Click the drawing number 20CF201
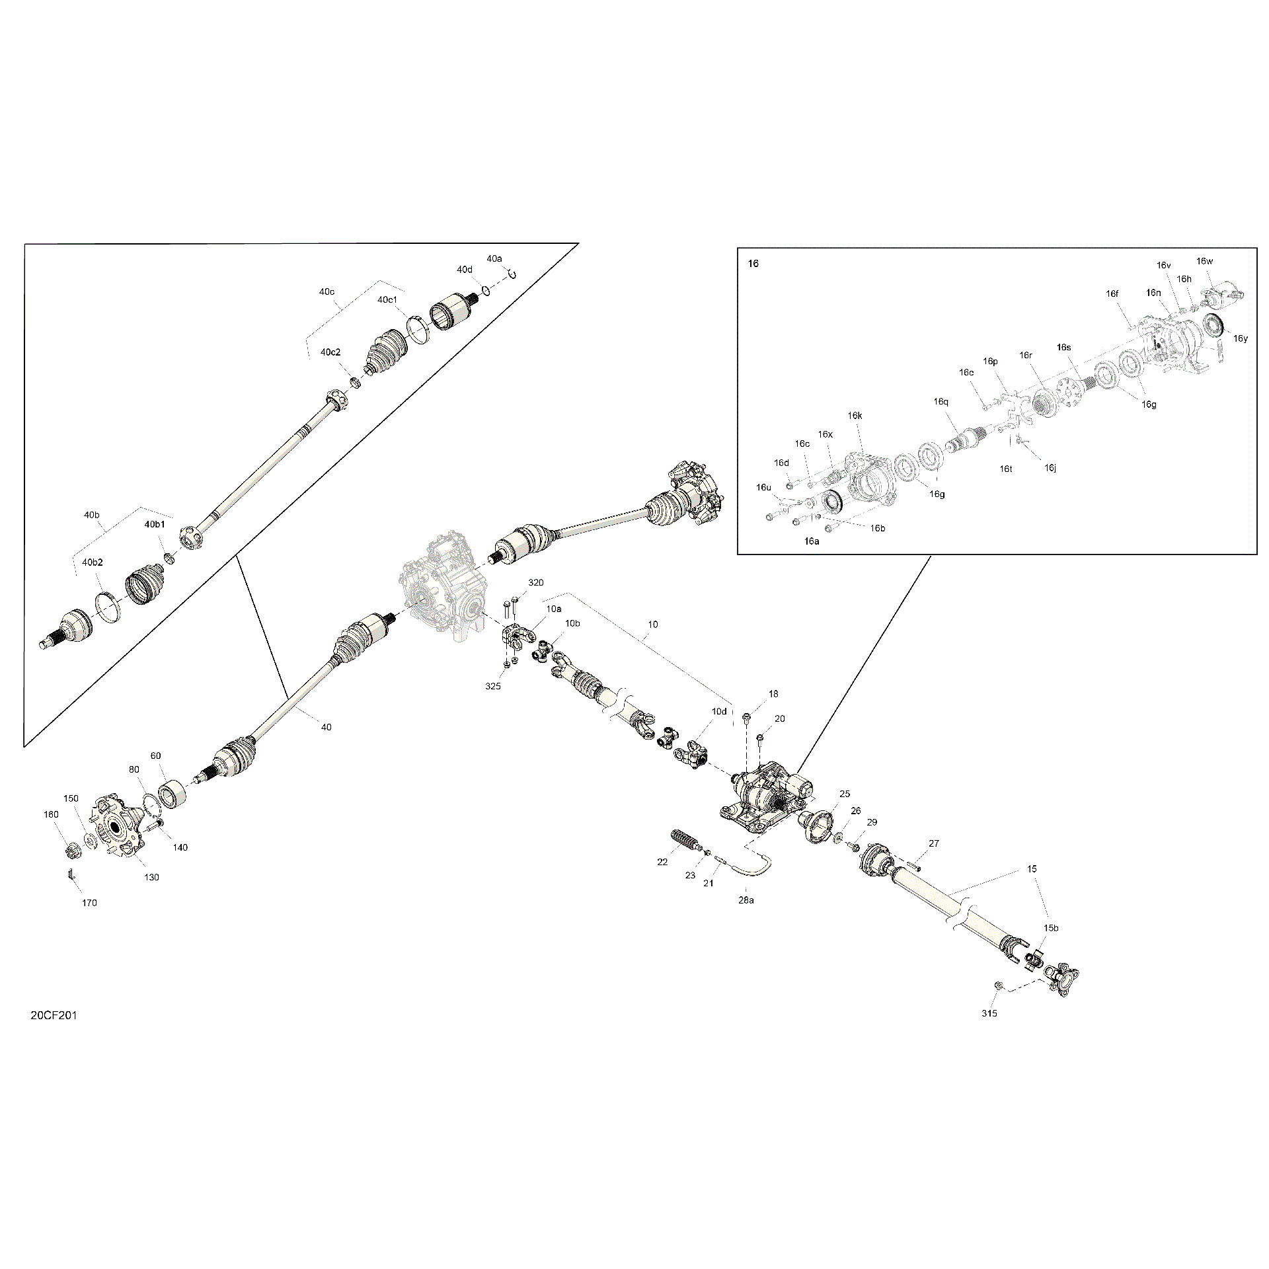point(54,1015)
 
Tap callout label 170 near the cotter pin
point(89,903)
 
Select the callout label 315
point(989,1013)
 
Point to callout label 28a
point(746,900)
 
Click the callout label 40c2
point(330,352)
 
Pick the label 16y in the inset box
point(1241,338)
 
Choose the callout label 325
point(493,686)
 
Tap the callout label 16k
point(855,416)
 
